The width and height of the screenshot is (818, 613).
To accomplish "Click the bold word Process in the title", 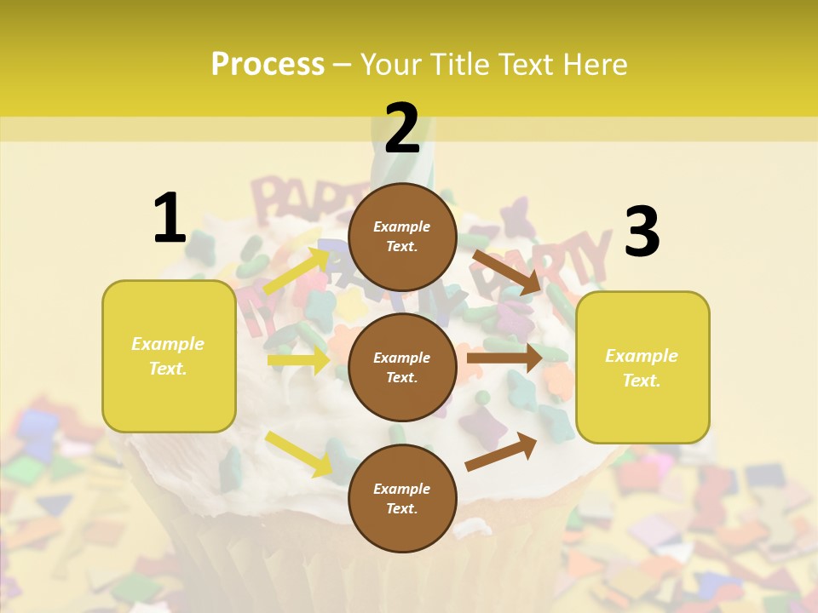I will tap(268, 65).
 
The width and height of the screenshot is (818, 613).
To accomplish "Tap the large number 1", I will tap(170, 219).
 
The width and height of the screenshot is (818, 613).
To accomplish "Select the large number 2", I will tap(402, 129).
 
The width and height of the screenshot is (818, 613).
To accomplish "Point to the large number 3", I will tap(642, 233).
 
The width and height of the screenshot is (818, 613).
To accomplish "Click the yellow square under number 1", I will tap(169, 356).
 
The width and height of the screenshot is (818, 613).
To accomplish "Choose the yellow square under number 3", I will tap(642, 368).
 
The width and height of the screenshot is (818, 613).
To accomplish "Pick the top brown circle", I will tap(402, 237).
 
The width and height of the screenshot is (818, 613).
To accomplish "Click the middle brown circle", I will tap(402, 368).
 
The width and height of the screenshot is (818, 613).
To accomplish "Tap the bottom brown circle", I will tap(402, 499).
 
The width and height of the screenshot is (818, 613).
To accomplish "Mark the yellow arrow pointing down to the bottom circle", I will tap(298, 454).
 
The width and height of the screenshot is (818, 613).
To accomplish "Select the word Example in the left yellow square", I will tap(168, 344).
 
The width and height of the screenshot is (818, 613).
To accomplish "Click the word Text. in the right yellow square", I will tap(642, 381).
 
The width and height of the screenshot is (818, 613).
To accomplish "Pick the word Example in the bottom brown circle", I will tap(402, 489).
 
